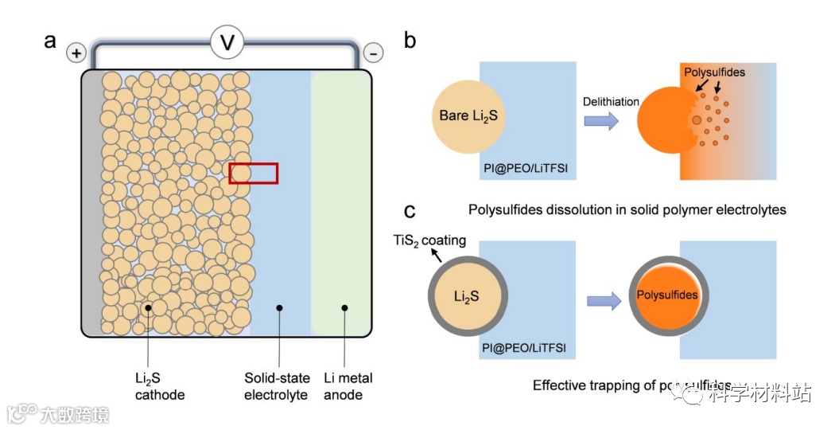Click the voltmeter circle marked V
[227, 42]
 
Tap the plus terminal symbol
[76, 53]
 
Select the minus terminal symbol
[372, 53]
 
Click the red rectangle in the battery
[254, 173]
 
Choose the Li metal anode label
[348, 386]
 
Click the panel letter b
[410, 40]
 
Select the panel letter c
[410, 210]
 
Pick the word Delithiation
[611, 101]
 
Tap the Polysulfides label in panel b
[715, 72]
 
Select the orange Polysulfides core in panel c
[668, 295]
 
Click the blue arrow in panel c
[604, 301]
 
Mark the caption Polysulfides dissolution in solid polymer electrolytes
[627, 210]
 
